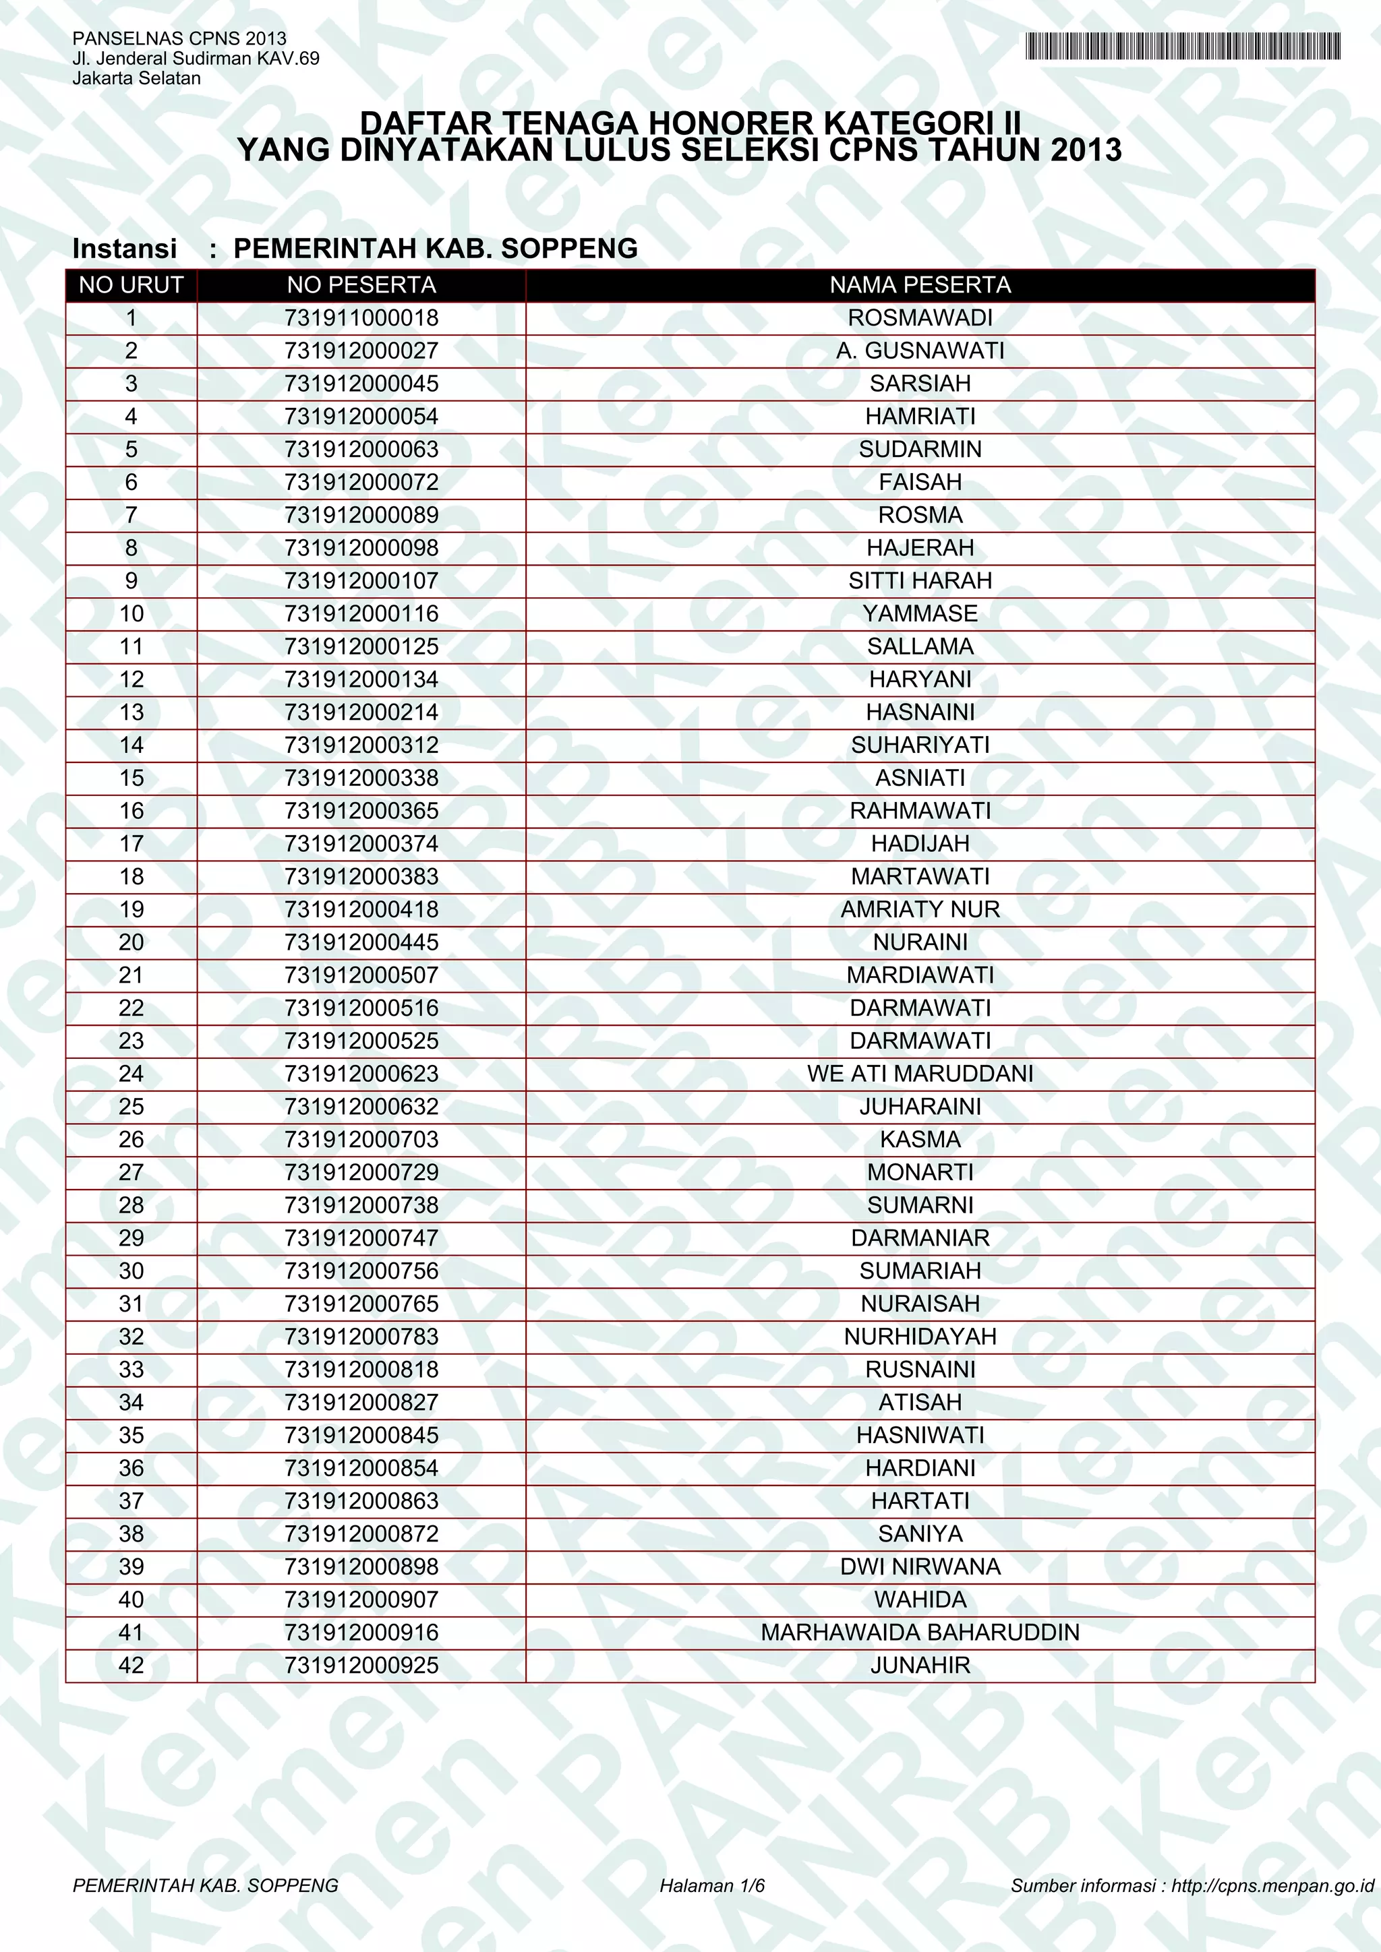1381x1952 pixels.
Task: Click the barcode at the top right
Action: click(x=1182, y=46)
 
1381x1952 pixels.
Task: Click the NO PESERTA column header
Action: click(x=361, y=285)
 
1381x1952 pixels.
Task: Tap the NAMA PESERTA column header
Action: click(x=920, y=285)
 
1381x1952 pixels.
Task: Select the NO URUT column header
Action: click(x=131, y=285)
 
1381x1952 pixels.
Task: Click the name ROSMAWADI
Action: click(x=920, y=318)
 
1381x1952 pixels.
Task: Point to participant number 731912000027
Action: click(x=361, y=351)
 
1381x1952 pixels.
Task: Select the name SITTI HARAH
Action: click(x=920, y=580)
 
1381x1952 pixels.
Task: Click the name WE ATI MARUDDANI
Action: click(x=920, y=1074)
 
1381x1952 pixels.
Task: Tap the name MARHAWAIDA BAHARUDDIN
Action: click(x=920, y=1633)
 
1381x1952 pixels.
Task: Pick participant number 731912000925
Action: click(x=361, y=1666)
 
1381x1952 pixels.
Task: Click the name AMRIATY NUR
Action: click(x=920, y=910)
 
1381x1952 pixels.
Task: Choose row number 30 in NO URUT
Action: click(x=131, y=1271)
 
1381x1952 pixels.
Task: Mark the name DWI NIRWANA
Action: click(x=920, y=1567)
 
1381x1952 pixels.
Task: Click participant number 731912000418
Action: click(x=361, y=910)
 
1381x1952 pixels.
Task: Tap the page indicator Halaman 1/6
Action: click(x=712, y=1886)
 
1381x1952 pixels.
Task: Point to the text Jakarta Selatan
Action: click(x=137, y=78)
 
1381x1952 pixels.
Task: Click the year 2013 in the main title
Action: click(x=1086, y=150)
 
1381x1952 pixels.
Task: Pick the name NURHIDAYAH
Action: click(x=920, y=1337)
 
